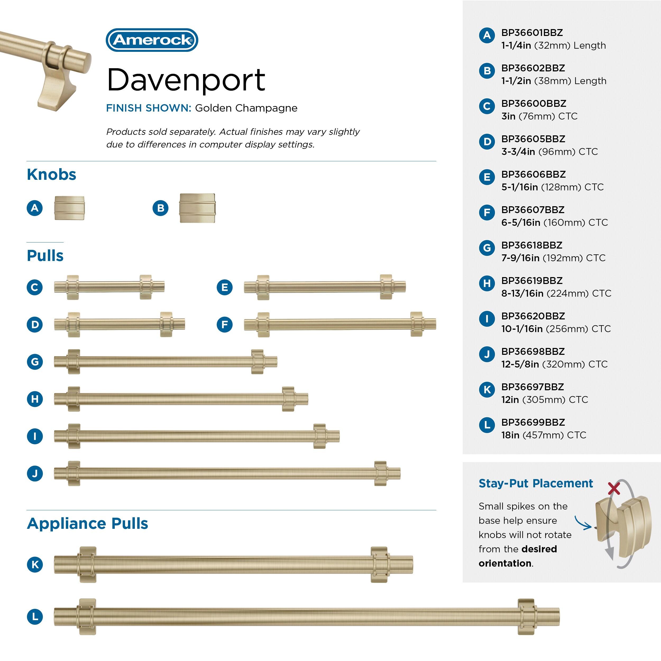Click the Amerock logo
click(x=152, y=40)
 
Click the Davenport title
click(x=186, y=80)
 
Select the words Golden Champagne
click(x=246, y=108)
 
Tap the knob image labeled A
click(x=69, y=208)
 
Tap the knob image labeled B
click(x=198, y=208)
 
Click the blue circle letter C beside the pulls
click(x=35, y=287)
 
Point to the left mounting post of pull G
click(x=74, y=362)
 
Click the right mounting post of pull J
click(x=380, y=474)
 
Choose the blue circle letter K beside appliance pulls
click(x=35, y=564)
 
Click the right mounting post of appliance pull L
click(x=526, y=617)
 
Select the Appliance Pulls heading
click(x=88, y=524)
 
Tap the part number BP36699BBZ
click(x=533, y=422)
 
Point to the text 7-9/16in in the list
click(x=520, y=258)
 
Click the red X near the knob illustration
click(x=614, y=489)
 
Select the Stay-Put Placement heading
click(x=535, y=483)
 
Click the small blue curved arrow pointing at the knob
click(x=583, y=523)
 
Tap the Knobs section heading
click(x=51, y=175)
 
